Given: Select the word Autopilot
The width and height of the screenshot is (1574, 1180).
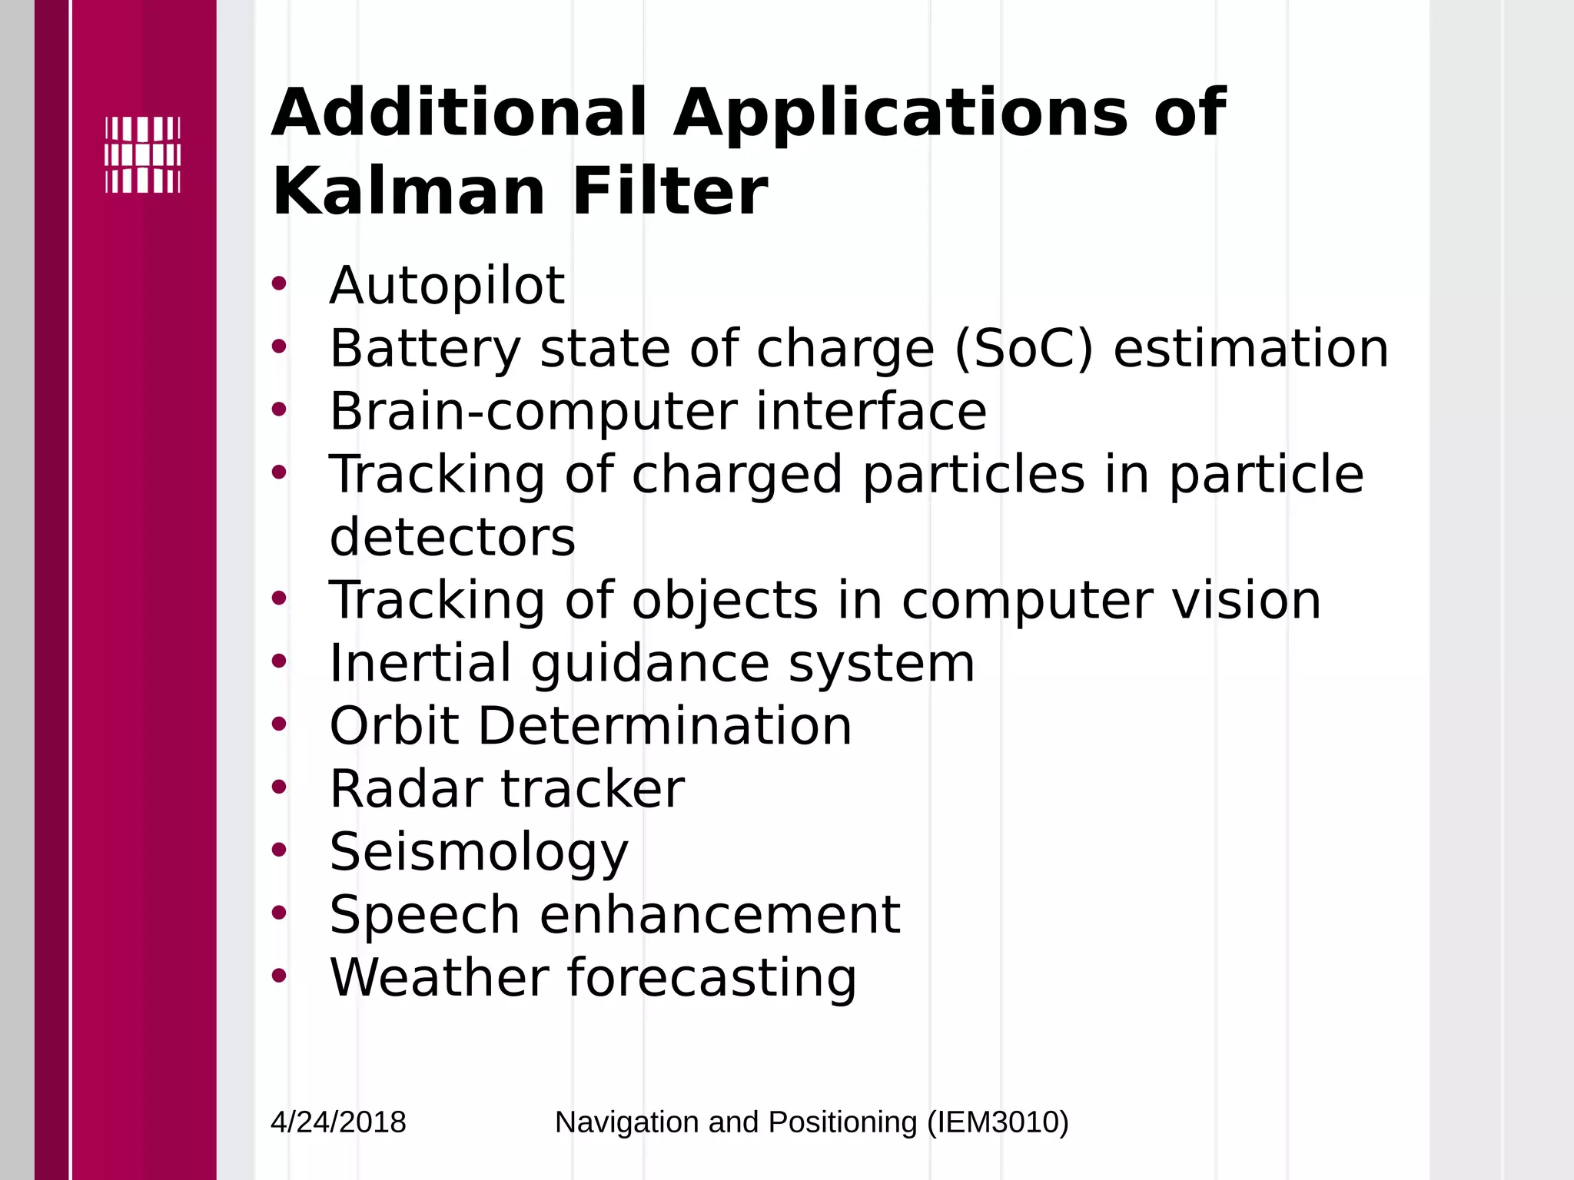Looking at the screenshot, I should click(447, 286).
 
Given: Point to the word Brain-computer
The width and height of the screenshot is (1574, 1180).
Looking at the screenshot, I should click(533, 412).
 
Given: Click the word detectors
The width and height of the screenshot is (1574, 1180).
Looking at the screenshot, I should click(452, 537).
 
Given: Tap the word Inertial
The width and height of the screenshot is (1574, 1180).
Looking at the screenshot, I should click(420, 663).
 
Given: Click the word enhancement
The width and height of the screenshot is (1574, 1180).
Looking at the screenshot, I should click(720, 915).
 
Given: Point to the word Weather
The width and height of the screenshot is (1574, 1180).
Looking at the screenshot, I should click(438, 978).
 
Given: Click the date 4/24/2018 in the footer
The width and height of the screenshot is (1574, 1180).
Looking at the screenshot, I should click(338, 1122).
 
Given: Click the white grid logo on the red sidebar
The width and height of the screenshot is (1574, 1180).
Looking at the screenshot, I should click(143, 154).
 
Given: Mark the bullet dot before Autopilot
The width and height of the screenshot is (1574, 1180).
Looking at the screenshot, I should click(278, 283).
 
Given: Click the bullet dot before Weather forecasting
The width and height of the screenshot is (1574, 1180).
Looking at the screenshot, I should click(278, 976).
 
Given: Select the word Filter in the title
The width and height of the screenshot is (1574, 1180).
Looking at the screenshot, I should click(669, 192).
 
